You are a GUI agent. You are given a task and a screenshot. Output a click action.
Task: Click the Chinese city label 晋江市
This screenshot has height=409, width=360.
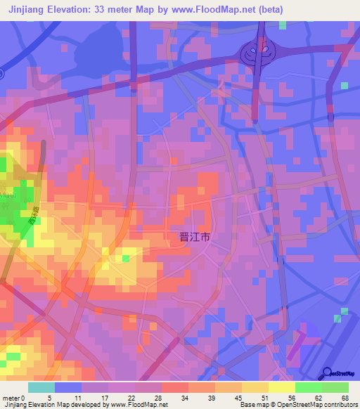pos(190,238)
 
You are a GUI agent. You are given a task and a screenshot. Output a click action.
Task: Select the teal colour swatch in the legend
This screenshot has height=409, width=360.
pos(41,387)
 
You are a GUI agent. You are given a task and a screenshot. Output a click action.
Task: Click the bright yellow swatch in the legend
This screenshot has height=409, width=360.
pos(282,387)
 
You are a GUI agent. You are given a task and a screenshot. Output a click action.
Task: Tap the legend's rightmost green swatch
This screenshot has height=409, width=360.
pos(335,387)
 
